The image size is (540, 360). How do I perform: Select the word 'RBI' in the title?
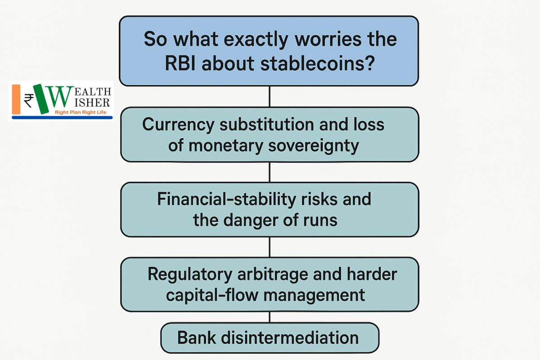point(180,63)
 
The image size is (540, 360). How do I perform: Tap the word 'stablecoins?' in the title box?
point(318,63)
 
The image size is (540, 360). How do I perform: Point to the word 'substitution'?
point(266,124)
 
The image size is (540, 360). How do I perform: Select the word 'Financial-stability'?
point(226,200)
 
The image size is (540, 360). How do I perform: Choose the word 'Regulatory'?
point(190,274)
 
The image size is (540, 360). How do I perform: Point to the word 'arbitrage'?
point(272,274)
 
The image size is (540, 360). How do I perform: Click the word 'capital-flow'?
point(212,296)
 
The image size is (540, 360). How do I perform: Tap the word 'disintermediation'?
point(290,338)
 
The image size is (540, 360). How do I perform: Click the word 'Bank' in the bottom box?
point(197,338)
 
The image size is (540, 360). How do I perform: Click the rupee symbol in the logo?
point(29,101)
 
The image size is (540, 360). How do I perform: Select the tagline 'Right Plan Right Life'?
point(81,112)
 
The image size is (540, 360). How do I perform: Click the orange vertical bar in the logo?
point(16,99)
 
